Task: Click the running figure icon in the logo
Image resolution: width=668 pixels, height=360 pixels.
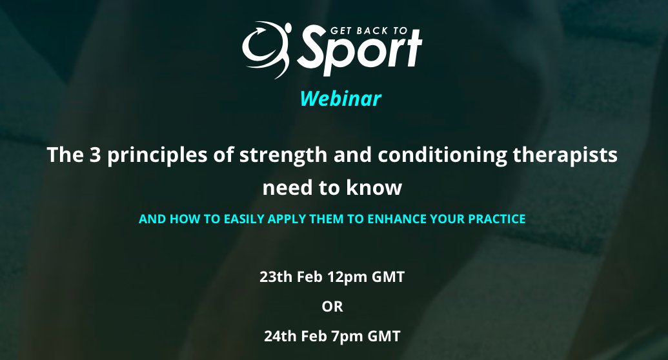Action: (266, 49)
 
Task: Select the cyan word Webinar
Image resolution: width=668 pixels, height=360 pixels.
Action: (340, 99)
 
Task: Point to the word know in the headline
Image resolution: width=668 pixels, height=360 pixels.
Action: (380, 188)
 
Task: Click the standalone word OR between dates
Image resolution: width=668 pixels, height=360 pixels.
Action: (332, 306)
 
